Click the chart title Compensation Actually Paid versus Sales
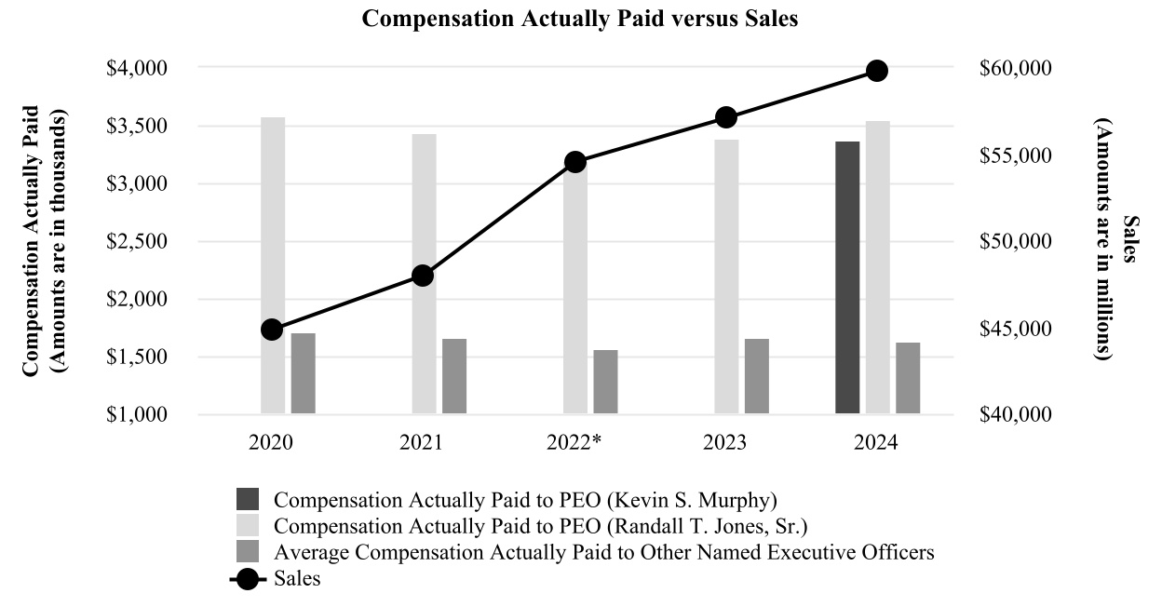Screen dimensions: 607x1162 pos(580,20)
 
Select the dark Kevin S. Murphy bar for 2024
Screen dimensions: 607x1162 pos(847,277)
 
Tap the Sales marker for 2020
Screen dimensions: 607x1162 pos(272,330)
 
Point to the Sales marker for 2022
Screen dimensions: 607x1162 pos(575,162)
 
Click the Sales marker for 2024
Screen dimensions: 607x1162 pos(877,71)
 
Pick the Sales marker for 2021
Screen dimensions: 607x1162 pos(423,276)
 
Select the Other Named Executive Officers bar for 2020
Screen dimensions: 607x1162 pos(303,373)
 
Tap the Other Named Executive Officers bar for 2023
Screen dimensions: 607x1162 pos(757,376)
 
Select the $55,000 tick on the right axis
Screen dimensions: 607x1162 pos(1017,155)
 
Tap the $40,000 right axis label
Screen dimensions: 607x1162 pos(1017,414)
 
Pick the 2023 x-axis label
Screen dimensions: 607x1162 pos(725,443)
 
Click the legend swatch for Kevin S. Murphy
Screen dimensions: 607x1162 pos(249,496)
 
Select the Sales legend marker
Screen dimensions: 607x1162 pos(249,579)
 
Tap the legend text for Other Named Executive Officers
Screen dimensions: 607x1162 pos(604,552)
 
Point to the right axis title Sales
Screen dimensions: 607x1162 pos(1129,240)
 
